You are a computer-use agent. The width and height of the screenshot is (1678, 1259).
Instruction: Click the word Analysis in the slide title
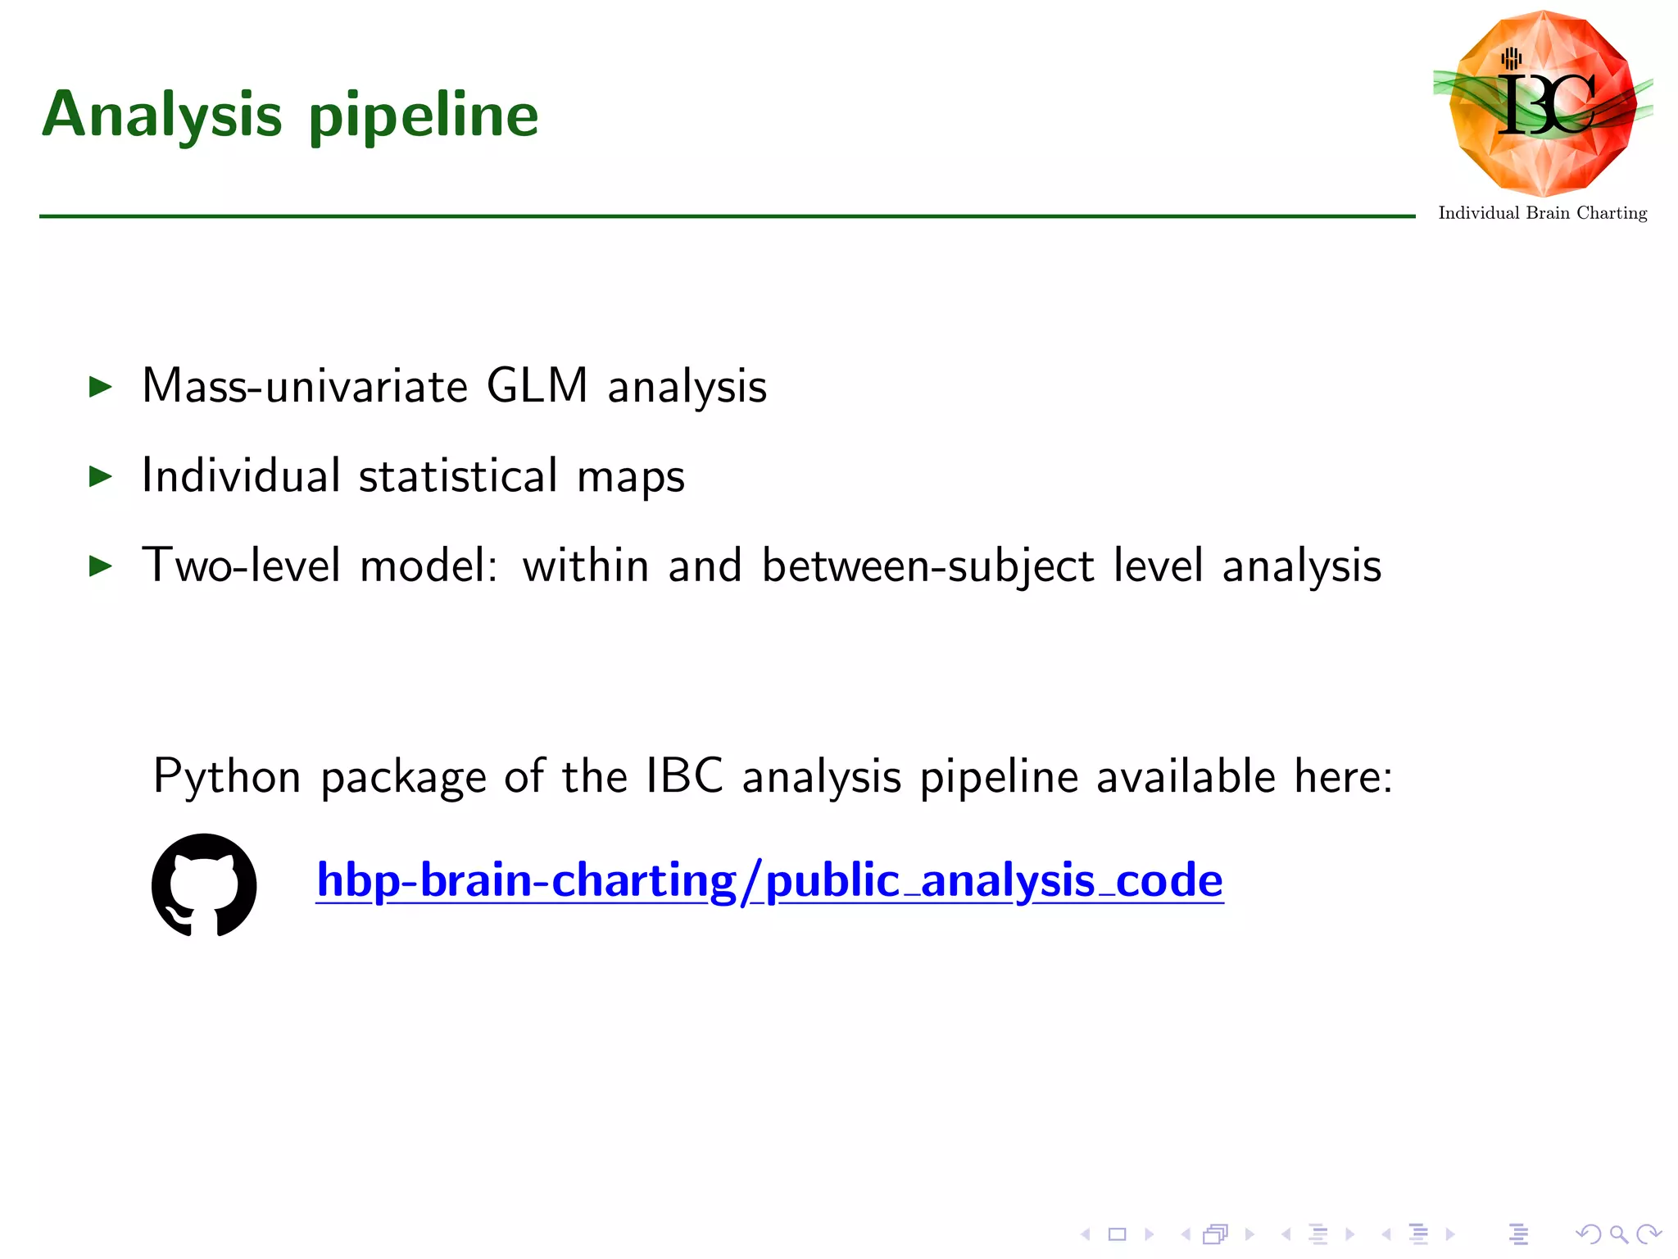pyautogui.click(x=161, y=115)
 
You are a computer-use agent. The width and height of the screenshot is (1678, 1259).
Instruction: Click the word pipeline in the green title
pyautogui.click(x=424, y=117)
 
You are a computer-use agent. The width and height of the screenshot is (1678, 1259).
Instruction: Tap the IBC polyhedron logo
pyautogui.click(x=1543, y=102)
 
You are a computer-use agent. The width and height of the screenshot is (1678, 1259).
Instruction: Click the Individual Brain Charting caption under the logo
pyautogui.click(x=1542, y=213)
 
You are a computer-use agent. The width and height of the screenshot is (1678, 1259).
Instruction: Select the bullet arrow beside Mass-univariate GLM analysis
pyautogui.click(x=100, y=387)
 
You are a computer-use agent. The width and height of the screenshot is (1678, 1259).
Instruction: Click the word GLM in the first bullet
pyautogui.click(x=537, y=385)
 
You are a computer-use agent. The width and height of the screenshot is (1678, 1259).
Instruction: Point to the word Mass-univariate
pyautogui.click(x=305, y=385)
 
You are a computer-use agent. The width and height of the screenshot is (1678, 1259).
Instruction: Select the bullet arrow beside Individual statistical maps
pyautogui.click(x=100, y=476)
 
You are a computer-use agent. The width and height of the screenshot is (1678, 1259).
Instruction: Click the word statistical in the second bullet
pyautogui.click(x=458, y=475)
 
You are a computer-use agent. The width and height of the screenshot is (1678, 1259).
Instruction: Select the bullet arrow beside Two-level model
pyautogui.click(x=100, y=566)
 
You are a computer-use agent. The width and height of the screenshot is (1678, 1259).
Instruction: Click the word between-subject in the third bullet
pyautogui.click(x=927, y=566)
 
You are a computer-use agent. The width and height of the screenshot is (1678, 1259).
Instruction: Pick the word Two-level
pyautogui.click(x=241, y=566)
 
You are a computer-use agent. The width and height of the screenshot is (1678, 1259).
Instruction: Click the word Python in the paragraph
pyautogui.click(x=227, y=776)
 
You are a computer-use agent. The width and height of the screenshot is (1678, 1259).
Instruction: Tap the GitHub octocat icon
pyautogui.click(x=204, y=885)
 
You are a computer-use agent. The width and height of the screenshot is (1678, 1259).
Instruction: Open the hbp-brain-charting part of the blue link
pyautogui.click(x=526, y=880)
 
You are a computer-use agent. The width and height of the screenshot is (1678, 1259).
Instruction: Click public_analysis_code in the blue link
pyautogui.click(x=994, y=880)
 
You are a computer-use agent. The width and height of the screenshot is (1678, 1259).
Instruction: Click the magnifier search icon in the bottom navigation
pyautogui.click(x=1618, y=1234)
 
